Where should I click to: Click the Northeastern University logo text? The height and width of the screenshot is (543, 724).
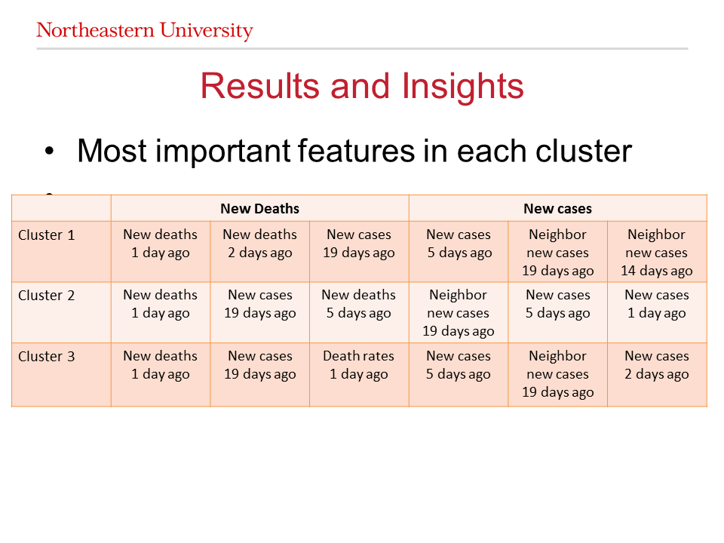tap(145, 30)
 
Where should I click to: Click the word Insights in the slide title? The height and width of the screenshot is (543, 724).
tap(462, 87)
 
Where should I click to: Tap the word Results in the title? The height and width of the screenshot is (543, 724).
tap(259, 86)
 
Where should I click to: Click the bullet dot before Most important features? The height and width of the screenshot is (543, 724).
tap(50, 151)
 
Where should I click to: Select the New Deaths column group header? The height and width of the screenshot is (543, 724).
tap(259, 209)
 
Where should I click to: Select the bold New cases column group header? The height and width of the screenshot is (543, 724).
tap(558, 209)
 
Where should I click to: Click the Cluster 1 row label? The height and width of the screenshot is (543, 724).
tap(46, 235)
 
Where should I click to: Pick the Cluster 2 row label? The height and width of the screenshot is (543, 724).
tap(46, 296)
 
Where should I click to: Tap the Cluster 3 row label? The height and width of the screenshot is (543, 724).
tap(46, 357)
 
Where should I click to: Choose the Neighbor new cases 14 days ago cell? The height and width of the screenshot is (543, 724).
tap(657, 253)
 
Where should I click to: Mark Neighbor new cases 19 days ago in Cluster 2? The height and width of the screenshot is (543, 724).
tap(458, 313)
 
